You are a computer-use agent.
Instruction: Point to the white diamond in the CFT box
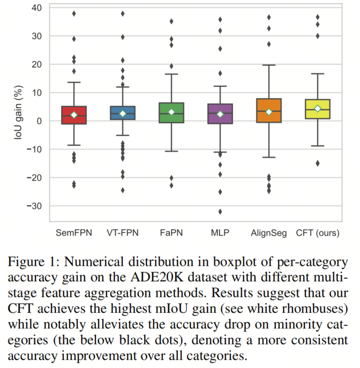(318, 109)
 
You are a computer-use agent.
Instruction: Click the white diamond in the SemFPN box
(74, 115)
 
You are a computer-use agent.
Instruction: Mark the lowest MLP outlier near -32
(220, 212)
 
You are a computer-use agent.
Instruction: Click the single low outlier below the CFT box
(318, 163)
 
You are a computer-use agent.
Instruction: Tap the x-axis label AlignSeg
(268, 234)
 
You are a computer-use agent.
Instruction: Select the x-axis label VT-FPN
(123, 234)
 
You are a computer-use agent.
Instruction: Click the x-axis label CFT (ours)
(318, 234)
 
